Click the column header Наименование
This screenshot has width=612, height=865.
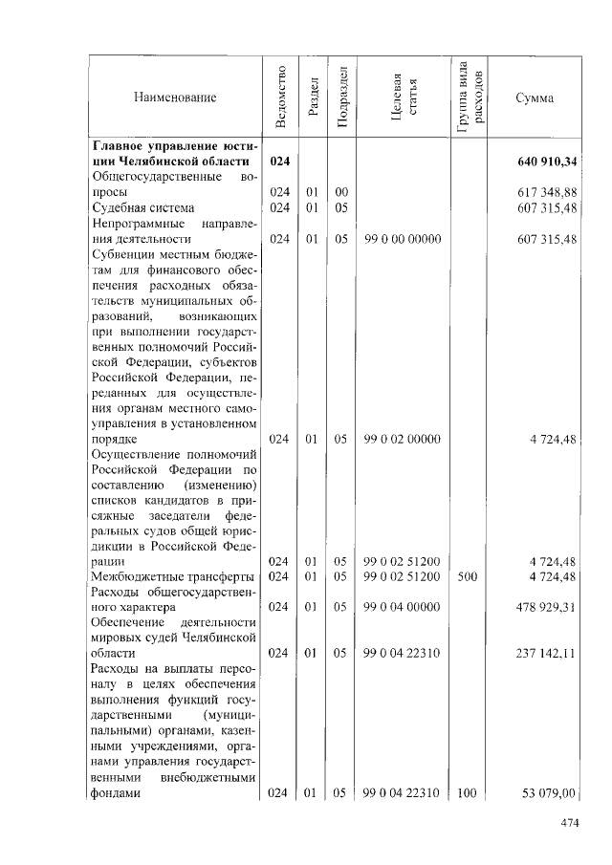tap(175, 97)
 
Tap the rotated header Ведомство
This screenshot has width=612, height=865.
tap(280, 97)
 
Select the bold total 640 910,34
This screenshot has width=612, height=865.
tap(550, 161)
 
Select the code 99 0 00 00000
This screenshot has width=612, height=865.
tap(403, 239)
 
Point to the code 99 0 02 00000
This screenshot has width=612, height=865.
tap(403, 439)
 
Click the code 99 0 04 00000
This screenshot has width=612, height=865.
tap(403, 606)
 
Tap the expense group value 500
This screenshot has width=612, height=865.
tap(469, 576)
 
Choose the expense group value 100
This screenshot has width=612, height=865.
tap(469, 793)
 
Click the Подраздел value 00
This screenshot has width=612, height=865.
tap(341, 192)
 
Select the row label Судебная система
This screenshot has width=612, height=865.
tap(143, 207)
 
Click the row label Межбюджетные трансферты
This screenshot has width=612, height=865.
tap(172, 576)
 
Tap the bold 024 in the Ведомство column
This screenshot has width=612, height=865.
tap(280, 161)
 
